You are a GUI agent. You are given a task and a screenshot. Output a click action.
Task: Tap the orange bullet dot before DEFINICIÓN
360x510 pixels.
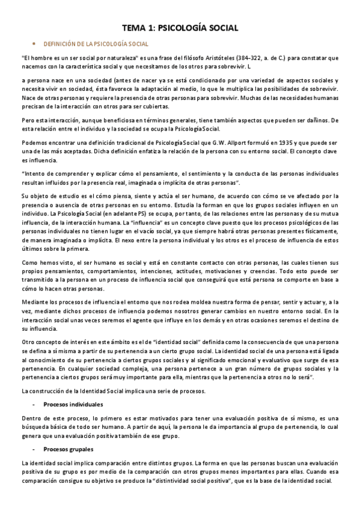point(34,44)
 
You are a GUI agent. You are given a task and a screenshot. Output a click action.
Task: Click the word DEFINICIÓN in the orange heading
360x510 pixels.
point(59,44)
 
